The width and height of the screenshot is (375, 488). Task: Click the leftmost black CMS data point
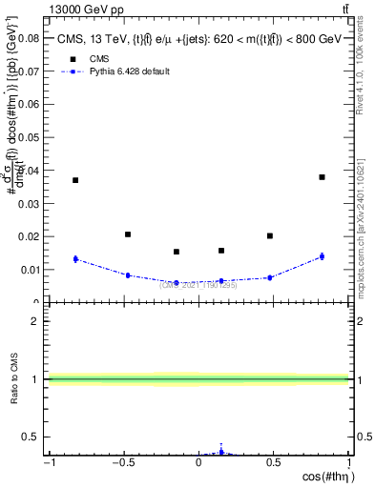point(75,180)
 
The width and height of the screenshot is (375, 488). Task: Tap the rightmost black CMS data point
point(323,177)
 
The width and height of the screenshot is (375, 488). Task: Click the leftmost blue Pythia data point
point(75,259)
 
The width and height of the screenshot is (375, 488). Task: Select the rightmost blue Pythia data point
point(323,256)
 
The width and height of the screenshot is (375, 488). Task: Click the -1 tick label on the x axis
point(48,462)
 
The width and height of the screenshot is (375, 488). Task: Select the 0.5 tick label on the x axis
point(273,462)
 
